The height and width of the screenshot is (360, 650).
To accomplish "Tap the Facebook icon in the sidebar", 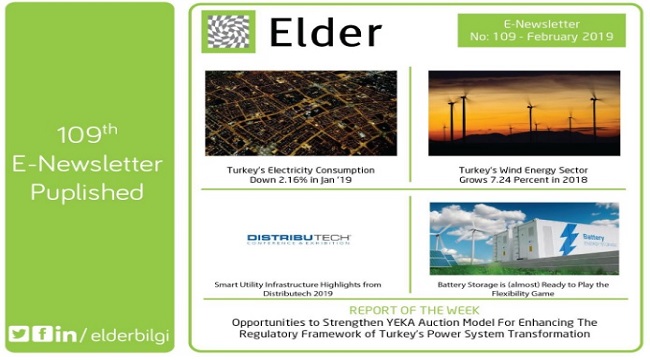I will pyautogui.click(x=42, y=333).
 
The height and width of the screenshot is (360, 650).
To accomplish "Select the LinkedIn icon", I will pyautogui.click(x=64, y=333).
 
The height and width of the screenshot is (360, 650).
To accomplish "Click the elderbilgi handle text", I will pyautogui.click(x=126, y=333).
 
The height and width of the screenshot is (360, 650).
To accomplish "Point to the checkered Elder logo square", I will pyautogui.click(x=228, y=32).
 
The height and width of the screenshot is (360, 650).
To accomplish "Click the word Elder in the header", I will pyautogui.click(x=325, y=32).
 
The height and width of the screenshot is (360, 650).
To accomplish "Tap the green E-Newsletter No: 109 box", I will pyautogui.click(x=542, y=31).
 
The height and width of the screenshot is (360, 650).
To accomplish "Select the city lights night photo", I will pyautogui.click(x=300, y=111).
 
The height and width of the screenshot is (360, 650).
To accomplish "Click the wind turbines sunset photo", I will pyautogui.click(x=523, y=111).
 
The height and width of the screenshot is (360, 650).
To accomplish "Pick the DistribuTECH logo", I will pyautogui.click(x=300, y=239).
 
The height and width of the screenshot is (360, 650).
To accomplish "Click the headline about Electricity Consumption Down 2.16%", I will pyautogui.click(x=300, y=176).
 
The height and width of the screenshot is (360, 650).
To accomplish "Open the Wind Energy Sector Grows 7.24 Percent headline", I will pyautogui.click(x=523, y=176).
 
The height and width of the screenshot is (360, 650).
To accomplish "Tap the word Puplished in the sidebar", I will pyautogui.click(x=86, y=192).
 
